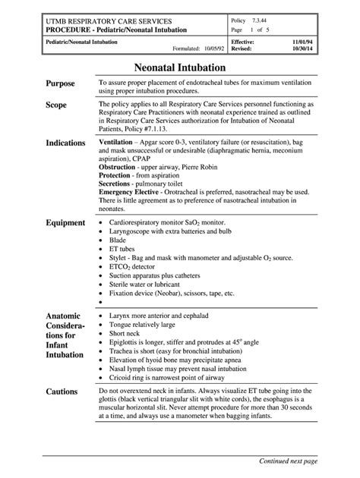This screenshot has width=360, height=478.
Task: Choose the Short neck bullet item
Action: [127, 332]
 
